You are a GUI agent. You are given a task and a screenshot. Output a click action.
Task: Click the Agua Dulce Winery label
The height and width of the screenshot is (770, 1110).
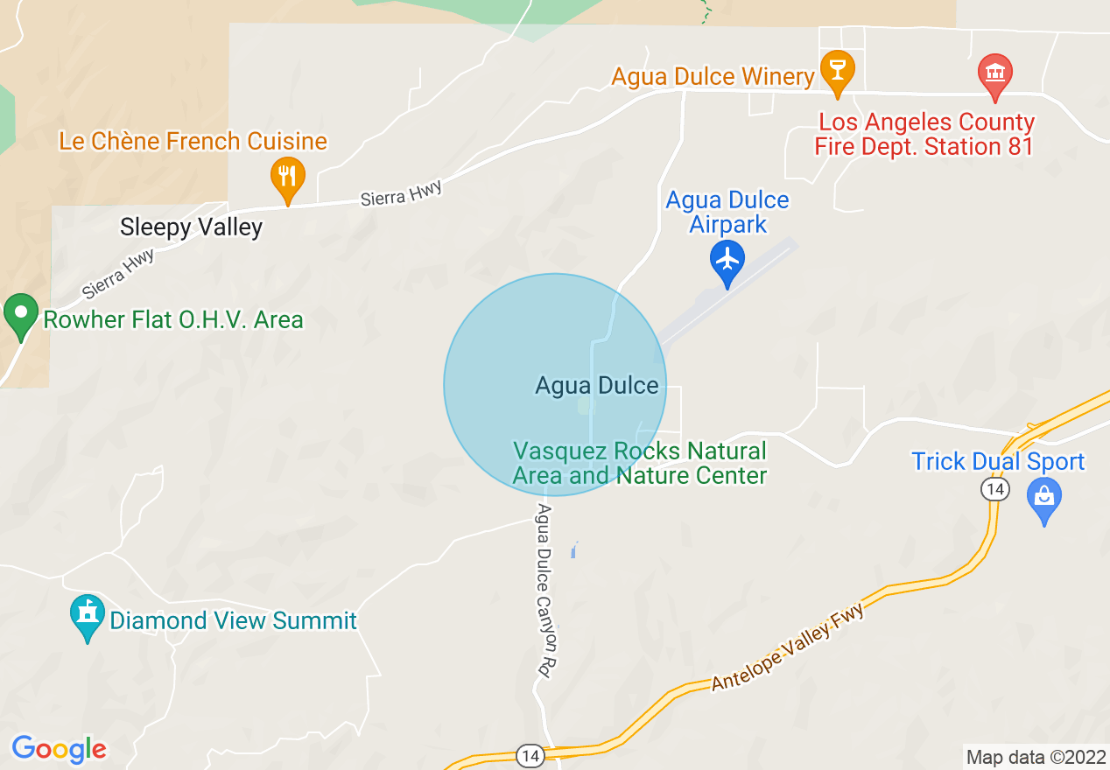[713, 77]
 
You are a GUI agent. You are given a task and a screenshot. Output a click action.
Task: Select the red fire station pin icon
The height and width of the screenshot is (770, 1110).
[994, 73]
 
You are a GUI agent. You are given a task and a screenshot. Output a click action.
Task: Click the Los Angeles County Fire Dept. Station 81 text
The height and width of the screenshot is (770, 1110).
[925, 134]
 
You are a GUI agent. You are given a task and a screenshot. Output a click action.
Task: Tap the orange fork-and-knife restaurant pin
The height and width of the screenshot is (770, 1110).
[287, 178]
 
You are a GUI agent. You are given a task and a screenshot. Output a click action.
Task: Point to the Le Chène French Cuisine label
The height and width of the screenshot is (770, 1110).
[193, 141]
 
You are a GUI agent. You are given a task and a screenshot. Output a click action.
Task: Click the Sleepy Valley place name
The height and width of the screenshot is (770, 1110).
[191, 228]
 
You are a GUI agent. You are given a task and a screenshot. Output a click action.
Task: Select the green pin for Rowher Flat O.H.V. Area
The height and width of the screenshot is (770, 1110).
[20, 316]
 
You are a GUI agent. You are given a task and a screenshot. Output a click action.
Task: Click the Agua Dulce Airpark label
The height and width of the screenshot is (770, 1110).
[727, 212]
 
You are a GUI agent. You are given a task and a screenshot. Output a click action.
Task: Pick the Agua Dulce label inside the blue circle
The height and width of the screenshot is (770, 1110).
[596, 385]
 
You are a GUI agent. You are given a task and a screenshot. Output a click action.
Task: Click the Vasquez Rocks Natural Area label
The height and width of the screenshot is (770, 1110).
[639, 463]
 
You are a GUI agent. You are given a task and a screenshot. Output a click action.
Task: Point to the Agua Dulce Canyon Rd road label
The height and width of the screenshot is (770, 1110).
[547, 590]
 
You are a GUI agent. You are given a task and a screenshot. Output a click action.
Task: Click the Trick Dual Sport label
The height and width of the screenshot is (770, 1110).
[998, 461]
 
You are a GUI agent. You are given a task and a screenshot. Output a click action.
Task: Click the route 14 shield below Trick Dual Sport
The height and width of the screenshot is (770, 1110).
[994, 489]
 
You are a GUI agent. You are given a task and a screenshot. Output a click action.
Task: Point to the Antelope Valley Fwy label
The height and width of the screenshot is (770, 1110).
[787, 648]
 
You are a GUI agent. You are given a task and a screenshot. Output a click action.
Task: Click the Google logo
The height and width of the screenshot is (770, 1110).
[59, 749]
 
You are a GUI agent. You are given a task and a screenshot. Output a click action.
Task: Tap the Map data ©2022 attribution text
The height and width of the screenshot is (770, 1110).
[1035, 757]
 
